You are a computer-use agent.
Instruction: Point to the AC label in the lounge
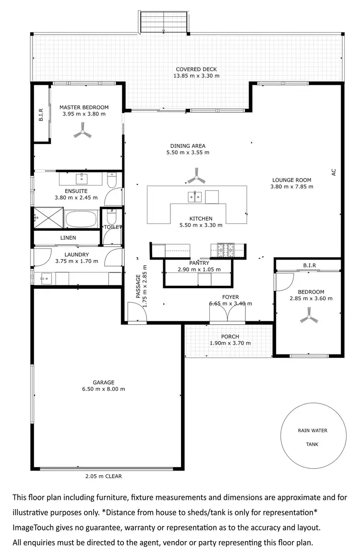[334, 172]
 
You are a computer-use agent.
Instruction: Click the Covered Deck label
[196, 70]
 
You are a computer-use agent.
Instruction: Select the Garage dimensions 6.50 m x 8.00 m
[103, 389]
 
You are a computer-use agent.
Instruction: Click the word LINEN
[68, 238]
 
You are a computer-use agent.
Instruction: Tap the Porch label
[230, 337]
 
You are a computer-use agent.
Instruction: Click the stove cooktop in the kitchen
[224, 250]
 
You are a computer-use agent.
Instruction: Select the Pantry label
[199, 263]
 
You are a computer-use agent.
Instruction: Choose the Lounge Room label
[297, 180]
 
